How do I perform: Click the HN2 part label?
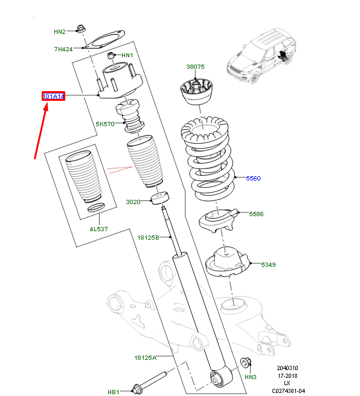(x=60, y=31)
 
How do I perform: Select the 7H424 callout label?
(x=63, y=49)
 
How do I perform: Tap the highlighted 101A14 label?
(x=53, y=96)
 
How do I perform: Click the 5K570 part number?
(x=105, y=124)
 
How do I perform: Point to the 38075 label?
(x=195, y=66)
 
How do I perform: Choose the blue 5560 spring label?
(x=253, y=178)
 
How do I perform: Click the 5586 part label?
(x=256, y=214)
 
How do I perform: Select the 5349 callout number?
(x=268, y=264)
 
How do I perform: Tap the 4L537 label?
(x=99, y=229)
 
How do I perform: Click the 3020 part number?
(x=133, y=202)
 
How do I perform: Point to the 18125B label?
(x=149, y=237)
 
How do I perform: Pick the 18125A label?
(x=145, y=357)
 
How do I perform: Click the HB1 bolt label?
(x=114, y=392)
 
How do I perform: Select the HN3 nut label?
(x=251, y=377)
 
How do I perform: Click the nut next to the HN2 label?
(x=81, y=28)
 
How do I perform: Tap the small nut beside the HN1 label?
(x=111, y=56)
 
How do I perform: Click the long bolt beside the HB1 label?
(x=150, y=383)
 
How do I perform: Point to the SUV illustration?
(x=262, y=56)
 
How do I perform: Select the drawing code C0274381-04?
(x=289, y=391)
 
